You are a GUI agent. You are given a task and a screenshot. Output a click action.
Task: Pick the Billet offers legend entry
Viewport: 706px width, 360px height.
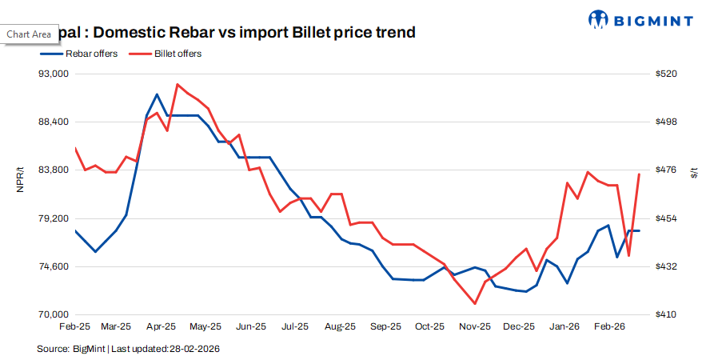[171, 54]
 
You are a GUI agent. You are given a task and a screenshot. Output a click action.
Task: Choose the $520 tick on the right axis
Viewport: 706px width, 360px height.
[666, 74]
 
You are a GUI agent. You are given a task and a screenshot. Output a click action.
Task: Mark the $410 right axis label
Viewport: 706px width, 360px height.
[666, 314]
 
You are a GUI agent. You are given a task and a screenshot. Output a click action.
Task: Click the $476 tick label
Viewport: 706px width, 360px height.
[666, 170]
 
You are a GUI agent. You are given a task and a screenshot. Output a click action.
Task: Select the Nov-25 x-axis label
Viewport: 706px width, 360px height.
[475, 327]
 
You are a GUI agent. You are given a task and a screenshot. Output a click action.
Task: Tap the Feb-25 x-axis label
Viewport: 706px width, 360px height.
[74, 327]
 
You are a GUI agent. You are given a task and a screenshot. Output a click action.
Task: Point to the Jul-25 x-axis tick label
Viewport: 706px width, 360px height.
[296, 327]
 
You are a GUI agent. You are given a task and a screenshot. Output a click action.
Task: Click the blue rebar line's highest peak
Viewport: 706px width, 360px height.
[157, 94]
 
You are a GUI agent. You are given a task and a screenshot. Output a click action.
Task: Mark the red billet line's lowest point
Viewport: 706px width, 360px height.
[475, 304]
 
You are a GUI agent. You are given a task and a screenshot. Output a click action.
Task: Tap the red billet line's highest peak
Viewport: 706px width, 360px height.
[177, 84]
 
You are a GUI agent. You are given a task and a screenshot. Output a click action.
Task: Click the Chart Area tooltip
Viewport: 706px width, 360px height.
[29, 34]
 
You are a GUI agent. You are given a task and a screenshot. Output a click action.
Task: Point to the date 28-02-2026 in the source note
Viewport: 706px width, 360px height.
[194, 349]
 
